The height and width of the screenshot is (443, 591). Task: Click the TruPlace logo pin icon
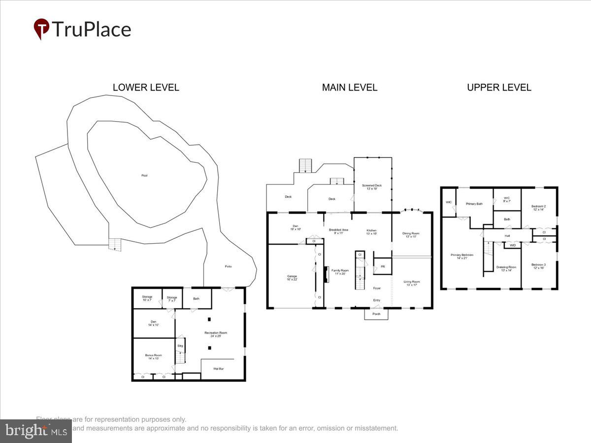[x=41, y=29]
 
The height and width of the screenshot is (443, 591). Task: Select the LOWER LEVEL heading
[x=146, y=88]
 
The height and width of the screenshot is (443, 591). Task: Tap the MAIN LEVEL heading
[x=350, y=88]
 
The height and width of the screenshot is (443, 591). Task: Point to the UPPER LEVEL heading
[x=499, y=88]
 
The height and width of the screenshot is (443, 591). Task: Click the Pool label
[x=144, y=176]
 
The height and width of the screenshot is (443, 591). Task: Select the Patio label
[x=229, y=267]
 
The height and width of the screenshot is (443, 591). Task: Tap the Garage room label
[x=292, y=278]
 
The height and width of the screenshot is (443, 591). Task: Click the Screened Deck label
[x=372, y=187]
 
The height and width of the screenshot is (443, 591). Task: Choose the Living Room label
[x=411, y=283]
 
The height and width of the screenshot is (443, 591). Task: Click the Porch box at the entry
[x=376, y=314]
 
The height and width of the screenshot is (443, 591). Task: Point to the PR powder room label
[x=382, y=267]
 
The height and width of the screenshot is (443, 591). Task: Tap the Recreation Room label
[x=216, y=335]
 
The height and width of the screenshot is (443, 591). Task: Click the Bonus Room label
[x=153, y=357]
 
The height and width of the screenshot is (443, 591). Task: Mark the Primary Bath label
[x=474, y=203]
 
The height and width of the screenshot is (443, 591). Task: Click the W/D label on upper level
[x=513, y=245]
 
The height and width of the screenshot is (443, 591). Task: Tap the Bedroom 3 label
[x=538, y=266]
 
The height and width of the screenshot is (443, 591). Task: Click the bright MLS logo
[x=35, y=431]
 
